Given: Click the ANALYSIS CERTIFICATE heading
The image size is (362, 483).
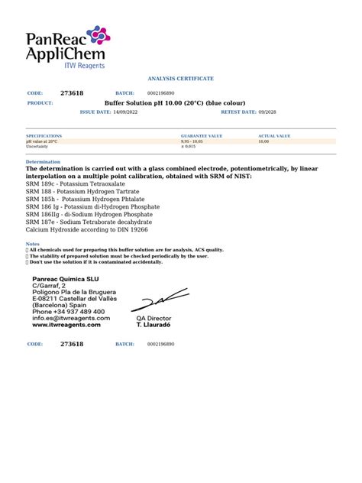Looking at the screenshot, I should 181,79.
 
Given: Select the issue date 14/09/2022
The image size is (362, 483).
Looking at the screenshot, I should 128,112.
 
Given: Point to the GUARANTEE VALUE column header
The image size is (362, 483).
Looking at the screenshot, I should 201,136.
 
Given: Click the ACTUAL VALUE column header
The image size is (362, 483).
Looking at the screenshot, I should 274,136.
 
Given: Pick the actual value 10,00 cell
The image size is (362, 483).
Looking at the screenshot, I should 263,141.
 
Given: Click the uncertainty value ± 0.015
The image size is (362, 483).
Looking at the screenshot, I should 188,147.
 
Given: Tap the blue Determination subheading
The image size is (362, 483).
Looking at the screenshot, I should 43,162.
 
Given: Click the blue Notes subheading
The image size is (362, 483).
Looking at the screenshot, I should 32,244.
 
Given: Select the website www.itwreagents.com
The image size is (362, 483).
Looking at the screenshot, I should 66,325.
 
